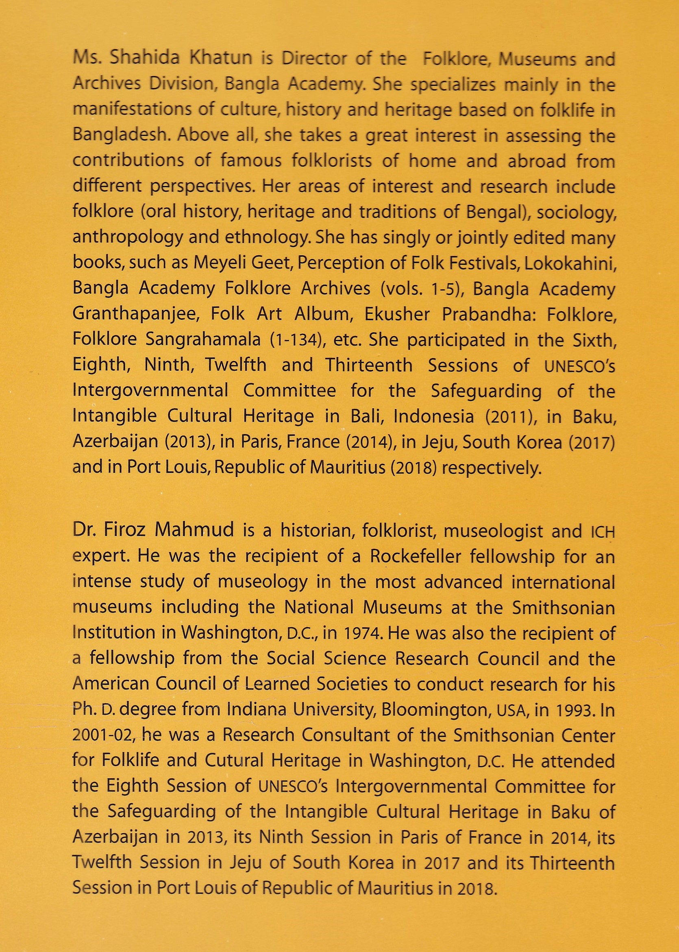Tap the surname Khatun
[x=216, y=59]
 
